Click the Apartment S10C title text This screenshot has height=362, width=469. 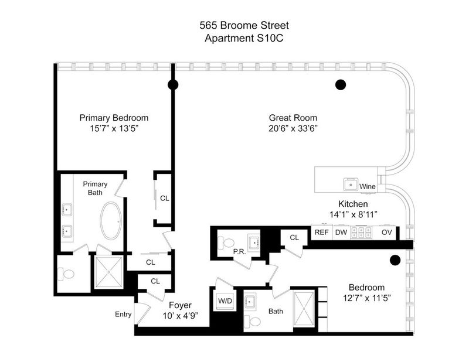pos(244,38)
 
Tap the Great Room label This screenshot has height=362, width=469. pos(293,118)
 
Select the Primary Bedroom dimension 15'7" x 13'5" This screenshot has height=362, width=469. pos(114,128)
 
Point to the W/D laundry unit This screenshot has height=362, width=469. pos(225,300)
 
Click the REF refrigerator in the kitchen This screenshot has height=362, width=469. pos(321,233)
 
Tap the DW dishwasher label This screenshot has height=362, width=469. pos(341,233)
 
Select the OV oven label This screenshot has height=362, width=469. pos(386,233)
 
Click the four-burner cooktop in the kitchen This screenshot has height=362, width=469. pos(361,233)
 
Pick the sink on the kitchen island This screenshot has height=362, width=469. pos(351,185)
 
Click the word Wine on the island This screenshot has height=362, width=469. pos(368,186)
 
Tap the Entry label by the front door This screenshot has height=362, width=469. pos(123,314)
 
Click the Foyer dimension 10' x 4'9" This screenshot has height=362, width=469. pos(181,316)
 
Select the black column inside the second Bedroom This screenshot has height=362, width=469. pos(395,260)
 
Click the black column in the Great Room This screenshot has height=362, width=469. pos(341,85)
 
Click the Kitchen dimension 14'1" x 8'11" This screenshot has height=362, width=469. pos(353,214)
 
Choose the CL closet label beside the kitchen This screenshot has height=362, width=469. pos(294,237)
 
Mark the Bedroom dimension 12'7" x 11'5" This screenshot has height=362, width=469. pos(367,298)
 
